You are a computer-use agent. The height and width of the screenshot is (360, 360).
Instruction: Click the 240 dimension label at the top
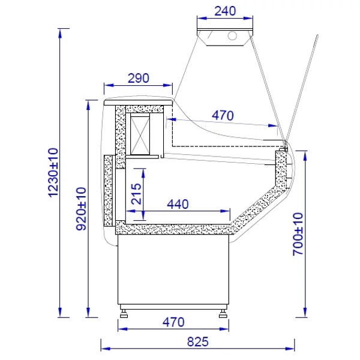click(225, 11)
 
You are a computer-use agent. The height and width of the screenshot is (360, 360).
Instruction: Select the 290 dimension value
click(139, 78)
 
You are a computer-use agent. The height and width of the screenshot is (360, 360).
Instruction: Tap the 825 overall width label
click(197, 341)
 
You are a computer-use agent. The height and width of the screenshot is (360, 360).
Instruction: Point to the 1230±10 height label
click(53, 172)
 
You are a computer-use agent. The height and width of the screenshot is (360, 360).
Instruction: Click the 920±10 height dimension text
click(81, 209)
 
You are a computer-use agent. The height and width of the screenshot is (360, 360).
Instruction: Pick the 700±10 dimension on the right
click(298, 234)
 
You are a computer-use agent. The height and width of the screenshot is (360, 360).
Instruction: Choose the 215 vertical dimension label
click(136, 194)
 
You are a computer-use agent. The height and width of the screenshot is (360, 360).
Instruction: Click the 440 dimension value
click(178, 204)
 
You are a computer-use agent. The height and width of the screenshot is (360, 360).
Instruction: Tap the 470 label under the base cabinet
click(173, 322)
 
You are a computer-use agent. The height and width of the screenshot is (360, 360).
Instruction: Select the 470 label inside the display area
click(223, 115)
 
